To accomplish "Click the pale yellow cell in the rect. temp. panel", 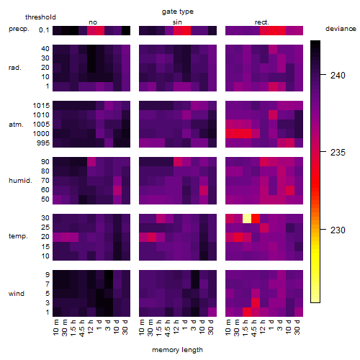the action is click(x=247, y=218).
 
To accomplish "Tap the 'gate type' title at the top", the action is click(x=178, y=12).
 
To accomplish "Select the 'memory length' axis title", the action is click(x=177, y=350).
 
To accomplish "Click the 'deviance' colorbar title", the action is click(x=341, y=29).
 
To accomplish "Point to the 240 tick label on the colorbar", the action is click(x=338, y=76).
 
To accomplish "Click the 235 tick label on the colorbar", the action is click(x=338, y=153).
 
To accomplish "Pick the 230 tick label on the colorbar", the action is click(x=338, y=230).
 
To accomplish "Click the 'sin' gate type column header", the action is click(x=177, y=22).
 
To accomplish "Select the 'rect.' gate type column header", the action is click(x=262, y=22).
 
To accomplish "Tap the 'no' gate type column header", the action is click(x=93, y=22).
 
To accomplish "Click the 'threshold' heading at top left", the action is click(x=40, y=17).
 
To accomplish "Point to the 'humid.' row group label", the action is click(x=20, y=181).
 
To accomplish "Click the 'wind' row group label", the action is click(x=17, y=294).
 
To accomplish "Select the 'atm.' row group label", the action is click(x=16, y=125).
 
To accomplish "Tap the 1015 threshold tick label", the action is click(x=41, y=106).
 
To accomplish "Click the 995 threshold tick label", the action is click(x=43, y=143).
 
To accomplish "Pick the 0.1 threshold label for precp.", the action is click(x=44, y=30).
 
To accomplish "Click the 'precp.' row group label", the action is click(x=19, y=29).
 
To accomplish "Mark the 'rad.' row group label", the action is click(x=15, y=68).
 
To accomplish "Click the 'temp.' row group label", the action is click(x=18, y=236).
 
